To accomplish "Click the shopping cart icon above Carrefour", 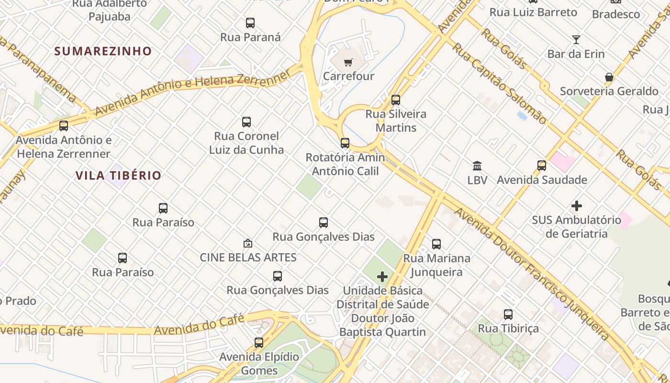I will pyautogui.click(x=348, y=62).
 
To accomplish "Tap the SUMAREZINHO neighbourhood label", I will pyautogui.click(x=103, y=51).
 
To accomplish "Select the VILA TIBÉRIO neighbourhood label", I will pyautogui.click(x=118, y=175).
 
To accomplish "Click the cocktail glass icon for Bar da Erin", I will pyautogui.click(x=576, y=40).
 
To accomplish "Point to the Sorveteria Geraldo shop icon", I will pyautogui.click(x=609, y=77).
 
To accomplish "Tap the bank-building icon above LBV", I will pyautogui.click(x=477, y=166).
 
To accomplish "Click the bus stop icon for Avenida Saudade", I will pyautogui.click(x=542, y=166).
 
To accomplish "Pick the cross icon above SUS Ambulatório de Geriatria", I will pyautogui.click(x=577, y=206).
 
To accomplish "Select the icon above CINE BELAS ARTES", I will pyautogui.click(x=248, y=243).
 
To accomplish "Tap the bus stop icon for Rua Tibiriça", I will pyautogui.click(x=508, y=315).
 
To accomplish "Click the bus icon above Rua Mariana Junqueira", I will pyautogui.click(x=436, y=244).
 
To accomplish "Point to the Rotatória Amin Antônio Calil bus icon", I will pyautogui.click(x=345, y=143).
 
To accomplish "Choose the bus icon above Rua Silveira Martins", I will pyautogui.click(x=396, y=100).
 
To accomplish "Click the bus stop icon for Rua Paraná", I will pyautogui.click(x=250, y=23).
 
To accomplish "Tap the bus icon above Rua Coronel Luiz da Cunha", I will pyautogui.click(x=246, y=122).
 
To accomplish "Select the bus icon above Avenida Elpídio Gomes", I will pyautogui.click(x=259, y=343).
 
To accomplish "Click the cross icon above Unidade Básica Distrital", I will pyautogui.click(x=382, y=277).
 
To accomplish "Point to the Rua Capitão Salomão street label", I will pyautogui.click(x=499, y=83).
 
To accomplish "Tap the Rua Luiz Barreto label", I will pyautogui.click(x=533, y=12).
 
